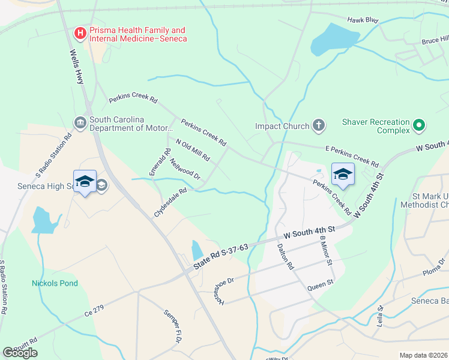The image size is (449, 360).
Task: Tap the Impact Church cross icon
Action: click(x=319, y=126)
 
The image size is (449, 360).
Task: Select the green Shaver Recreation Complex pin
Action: click(x=420, y=126)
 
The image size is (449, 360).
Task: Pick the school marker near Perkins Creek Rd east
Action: click(x=343, y=174)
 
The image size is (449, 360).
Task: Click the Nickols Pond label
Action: click(x=55, y=283)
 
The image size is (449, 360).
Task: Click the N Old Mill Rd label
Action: click(x=192, y=150)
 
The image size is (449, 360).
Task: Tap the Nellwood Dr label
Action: click(x=185, y=169)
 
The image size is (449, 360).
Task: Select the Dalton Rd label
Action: click(x=285, y=256)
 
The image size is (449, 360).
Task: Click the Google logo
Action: click(x=20, y=352)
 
